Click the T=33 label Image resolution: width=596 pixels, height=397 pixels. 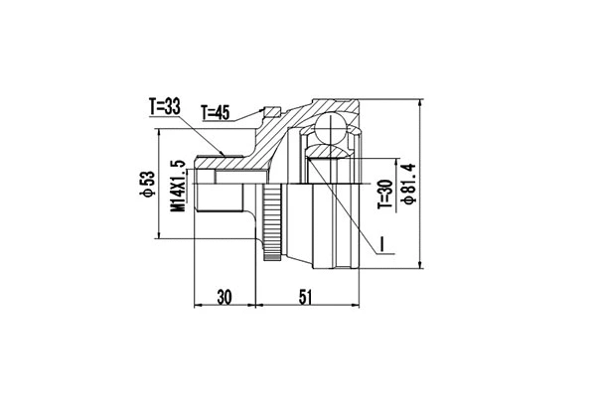pos(165,107)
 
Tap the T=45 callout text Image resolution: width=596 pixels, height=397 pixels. pos(216,112)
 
